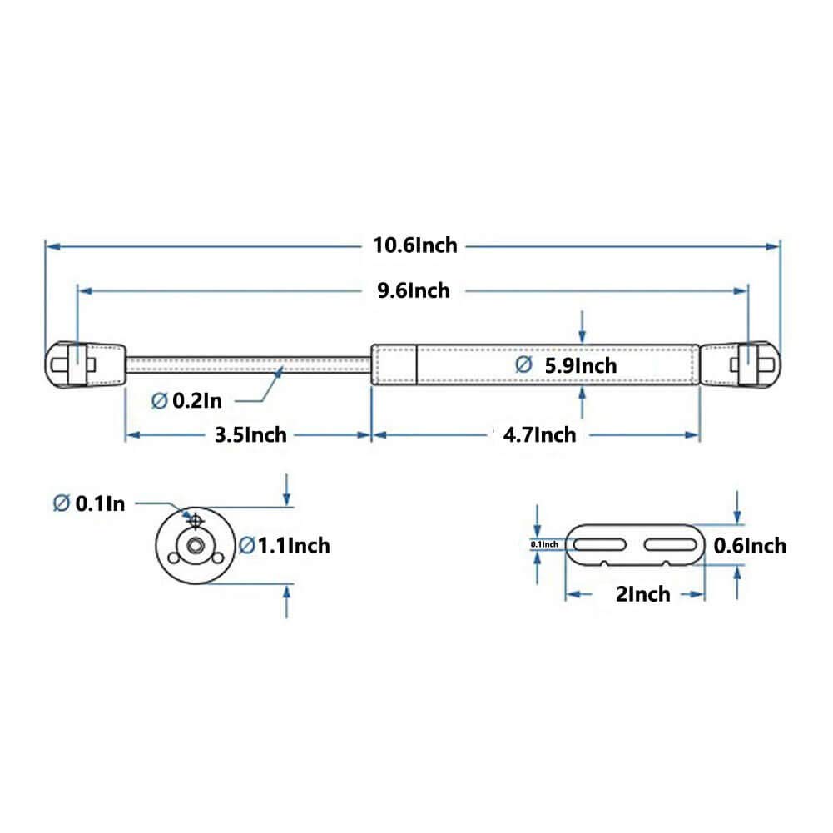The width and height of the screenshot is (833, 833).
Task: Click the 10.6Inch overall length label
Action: pyautogui.click(x=415, y=245)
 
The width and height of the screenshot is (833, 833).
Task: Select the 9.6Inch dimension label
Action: pyautogui.click(x=413, y=290)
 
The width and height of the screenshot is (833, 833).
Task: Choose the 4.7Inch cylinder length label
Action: pyautogui.click(x=538, y=434)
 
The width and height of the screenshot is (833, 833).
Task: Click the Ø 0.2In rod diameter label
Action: pyautogui.click(x=186, y=401)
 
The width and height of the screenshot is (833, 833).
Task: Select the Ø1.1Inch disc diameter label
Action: pyautogui.click(x=285, y=546)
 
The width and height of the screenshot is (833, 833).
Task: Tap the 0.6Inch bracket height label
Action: pyautogui.click(x=750, y=546)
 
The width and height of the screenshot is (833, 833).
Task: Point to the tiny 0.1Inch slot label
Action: pyautogui.click(x=545, y=544)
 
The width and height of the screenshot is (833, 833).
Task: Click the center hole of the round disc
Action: pyautogui.click(x=195, y=546)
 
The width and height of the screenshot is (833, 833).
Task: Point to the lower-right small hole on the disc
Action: pyautogui.click(x=218, y=558)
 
